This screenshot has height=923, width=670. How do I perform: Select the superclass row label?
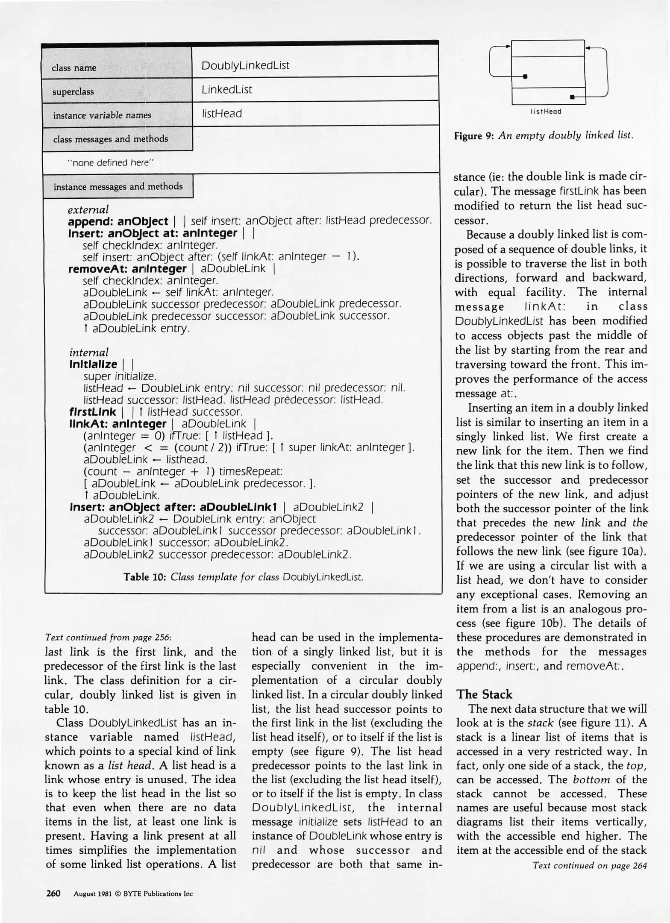tap(73, 91)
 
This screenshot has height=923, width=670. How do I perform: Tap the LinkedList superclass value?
tap(226, 89)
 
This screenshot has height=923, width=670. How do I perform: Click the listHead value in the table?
tap(222, 113)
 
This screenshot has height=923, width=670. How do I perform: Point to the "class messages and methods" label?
tap(110, 139)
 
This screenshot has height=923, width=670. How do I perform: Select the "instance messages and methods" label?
tap(118, 186)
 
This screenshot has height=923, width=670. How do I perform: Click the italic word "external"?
tap(88, 209)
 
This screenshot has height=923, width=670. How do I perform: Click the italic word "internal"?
tap(89, 352)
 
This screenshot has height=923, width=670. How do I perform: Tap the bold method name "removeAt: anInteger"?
tap(127, 268)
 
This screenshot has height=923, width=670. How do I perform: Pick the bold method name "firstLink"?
tap(92, 412)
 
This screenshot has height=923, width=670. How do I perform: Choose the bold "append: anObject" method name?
tap(118, 221)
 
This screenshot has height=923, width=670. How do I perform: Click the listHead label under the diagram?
tap(546, 112)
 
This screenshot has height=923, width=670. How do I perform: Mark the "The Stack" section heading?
tap(484, 694)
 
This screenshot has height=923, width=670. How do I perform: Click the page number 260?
tap(53, 893)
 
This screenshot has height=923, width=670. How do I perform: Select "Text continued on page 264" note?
tap(590, 865)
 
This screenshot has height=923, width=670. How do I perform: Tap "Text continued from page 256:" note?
tap(108, 637)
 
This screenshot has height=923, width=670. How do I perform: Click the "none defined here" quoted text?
tap(111, 162)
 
